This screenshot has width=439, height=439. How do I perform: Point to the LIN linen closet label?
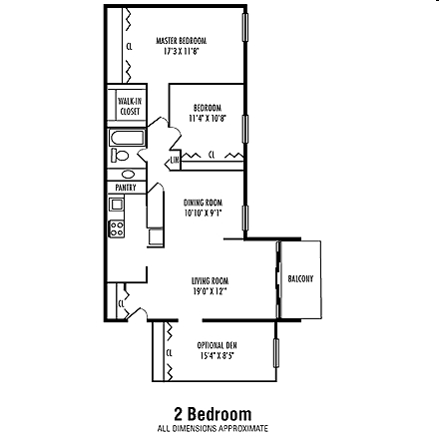coord(175,160)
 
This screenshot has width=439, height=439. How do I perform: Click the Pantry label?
coord(125,186)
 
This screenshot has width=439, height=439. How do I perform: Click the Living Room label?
coord(203,281)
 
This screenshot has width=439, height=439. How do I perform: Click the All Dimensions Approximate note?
coord(213,427)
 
